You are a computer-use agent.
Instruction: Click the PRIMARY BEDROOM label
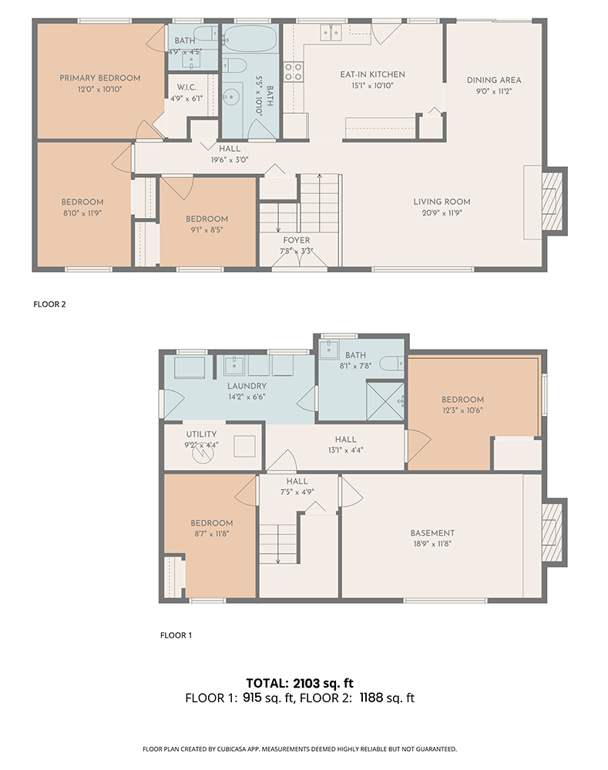pyautogui.click(x=99, y=78)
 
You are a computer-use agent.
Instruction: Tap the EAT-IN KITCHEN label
pyautogui.click(x=372, y=75)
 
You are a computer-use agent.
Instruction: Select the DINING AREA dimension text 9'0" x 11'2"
pyautogui.click(x=494, y=92)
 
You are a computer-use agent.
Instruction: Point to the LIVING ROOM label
pyautogui.click(x=442, y=202)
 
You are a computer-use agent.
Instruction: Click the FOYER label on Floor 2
pyautogui.click(x=297, y=240)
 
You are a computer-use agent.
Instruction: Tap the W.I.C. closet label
pyautogui.click(x=186, y=88)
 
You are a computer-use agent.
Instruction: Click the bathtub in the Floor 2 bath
pyautogui.click(x=250, y=38)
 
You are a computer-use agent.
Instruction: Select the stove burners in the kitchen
pyautogui.click(x=294, y=72)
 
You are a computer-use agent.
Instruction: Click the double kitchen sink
pyautogui.click(x=331, y=33)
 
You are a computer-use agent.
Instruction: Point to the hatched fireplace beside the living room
pyautogui.click(x=553, y=201)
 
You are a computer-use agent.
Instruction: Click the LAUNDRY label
pyautogui.click(x=247, y=387)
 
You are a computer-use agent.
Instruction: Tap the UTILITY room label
pyautogui.click(x=202, y=434)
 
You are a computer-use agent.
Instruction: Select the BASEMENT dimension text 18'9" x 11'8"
pyautogui.click(x=432, y=544)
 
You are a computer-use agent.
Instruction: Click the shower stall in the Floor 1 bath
pyautogui.click(x=386, y=400)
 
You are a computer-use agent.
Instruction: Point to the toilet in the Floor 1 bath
pyautogui.click(x=391, y=364)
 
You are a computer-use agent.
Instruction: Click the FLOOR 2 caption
pyautogui.click(x=49, y=304)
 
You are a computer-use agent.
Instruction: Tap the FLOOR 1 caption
pyautogui.click(x=176, y=635)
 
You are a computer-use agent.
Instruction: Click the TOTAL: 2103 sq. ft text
pyautogui.click(x=300, y=683)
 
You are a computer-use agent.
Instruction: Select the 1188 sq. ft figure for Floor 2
pyautogui.click(x=388, y=698)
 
